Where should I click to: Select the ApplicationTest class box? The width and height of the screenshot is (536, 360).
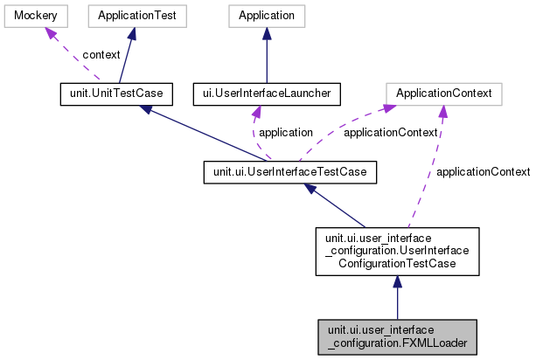(132, 16)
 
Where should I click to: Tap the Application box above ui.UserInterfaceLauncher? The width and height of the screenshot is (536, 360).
(267, 16)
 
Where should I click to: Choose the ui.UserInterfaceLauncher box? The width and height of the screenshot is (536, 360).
(265, 92)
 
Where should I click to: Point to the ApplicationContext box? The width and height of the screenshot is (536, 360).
(443, 92)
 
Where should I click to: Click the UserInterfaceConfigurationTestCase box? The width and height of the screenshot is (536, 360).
(397, 252)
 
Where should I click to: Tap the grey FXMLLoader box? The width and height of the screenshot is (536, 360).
(397, 336)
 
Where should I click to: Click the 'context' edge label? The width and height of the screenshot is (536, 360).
(101, 54)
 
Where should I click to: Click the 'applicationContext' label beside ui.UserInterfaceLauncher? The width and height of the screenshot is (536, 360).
(390, 133)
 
